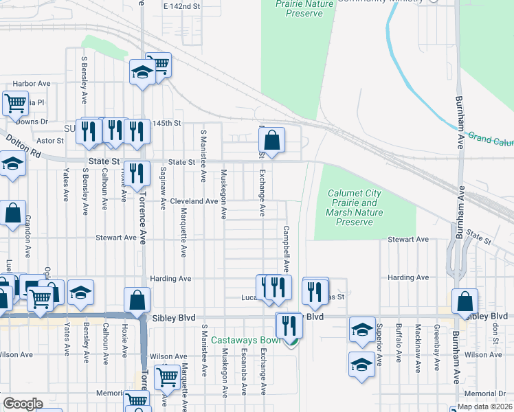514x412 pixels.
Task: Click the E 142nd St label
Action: coord(181,5)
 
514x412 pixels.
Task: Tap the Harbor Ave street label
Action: coord(32,84)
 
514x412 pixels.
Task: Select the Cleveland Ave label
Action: coord(194,201)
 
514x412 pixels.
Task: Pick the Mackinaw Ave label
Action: coord(418,348)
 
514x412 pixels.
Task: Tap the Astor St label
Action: coord(49,140)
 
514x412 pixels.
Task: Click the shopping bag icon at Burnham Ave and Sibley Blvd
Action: coord(465,301)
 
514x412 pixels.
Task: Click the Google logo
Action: coord(23,404)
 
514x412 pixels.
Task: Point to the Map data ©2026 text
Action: coord(485,407)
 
